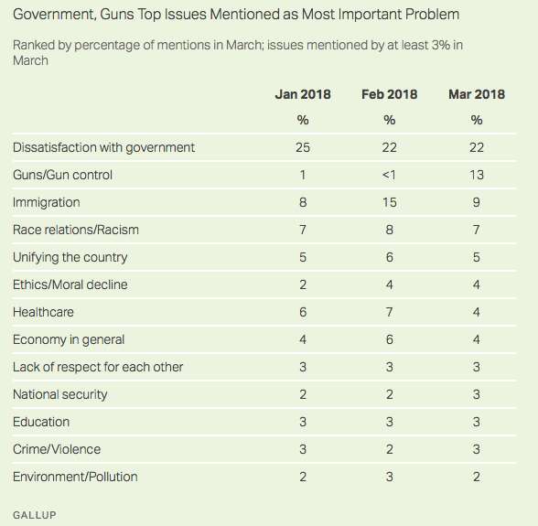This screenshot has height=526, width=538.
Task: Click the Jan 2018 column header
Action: click(303, 94)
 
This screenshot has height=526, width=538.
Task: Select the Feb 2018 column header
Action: click(389, 94)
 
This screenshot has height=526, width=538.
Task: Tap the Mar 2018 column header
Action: click(475, 94)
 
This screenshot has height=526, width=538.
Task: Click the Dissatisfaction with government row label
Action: click(103, 147)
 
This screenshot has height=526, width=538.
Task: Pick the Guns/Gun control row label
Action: click(62, 175)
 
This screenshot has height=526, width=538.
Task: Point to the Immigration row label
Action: click(47, 202)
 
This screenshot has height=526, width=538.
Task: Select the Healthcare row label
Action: click(43, 312)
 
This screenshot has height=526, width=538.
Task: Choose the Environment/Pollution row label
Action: click(75, 477)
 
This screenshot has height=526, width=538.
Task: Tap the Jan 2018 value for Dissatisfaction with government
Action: click(303, 147)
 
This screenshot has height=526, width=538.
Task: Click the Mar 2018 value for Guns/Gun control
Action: click(475, 175)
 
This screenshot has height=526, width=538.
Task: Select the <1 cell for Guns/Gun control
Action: click(389, 175)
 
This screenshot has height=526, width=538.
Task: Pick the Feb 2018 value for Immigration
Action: click(389, 202)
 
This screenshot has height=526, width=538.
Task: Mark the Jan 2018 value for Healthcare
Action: click(303, 312)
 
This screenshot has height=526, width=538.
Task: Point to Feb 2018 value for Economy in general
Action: click(389, 339)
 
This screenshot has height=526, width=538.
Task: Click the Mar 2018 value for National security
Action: click(475, 394)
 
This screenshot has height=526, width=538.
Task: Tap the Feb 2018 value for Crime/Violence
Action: click(389, 449)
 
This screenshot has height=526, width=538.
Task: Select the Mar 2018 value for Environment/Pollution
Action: click(475, 477)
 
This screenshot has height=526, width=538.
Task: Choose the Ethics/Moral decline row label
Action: click(70, 284)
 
